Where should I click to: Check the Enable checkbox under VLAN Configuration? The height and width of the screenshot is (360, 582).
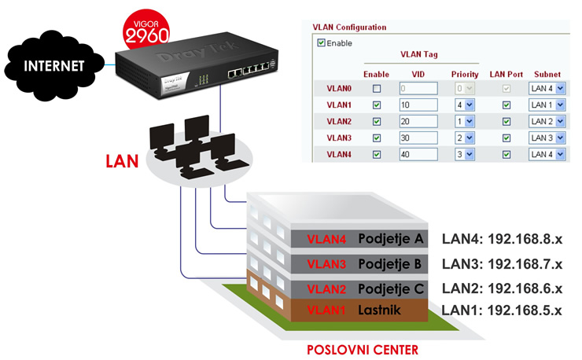coord(321,43)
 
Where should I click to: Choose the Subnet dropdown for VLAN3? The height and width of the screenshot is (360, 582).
coord(547,138)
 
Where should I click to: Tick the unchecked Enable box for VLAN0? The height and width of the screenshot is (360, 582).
coord(377,88)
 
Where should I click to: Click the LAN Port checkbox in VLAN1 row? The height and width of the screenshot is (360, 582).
coord(506,105)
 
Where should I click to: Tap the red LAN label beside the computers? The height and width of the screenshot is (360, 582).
coord(122,161)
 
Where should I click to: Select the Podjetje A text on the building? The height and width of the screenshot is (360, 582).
coord(391,238)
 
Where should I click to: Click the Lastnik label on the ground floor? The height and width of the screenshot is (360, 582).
coord(379,310)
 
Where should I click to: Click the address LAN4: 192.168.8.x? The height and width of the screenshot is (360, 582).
coord(501,239)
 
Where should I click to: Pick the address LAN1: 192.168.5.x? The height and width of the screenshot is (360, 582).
coord(501,310)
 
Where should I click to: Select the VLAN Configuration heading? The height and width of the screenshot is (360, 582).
coord(349,27)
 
